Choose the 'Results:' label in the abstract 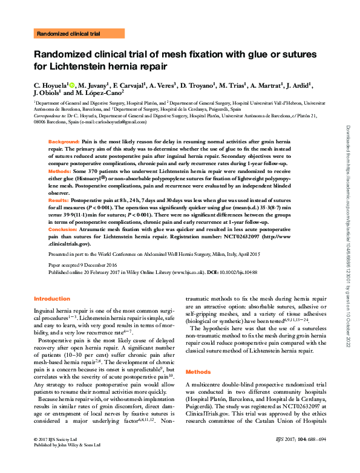(x=58, y=199)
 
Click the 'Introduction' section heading (x=51, y=299)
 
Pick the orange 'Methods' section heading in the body (x=198, y=371)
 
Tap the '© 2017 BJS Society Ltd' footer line (x=56, y=454)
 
